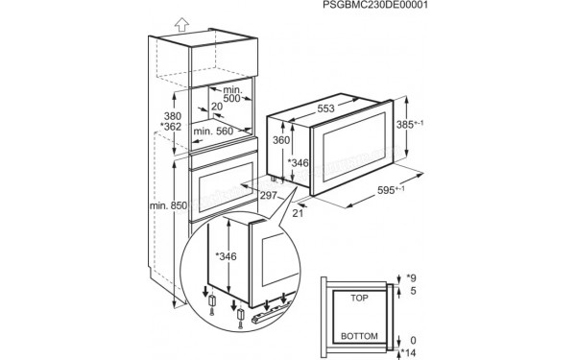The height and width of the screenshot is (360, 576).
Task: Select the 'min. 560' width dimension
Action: (x=214, y=132)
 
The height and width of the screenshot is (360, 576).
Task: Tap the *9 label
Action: (x=414, y=276)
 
